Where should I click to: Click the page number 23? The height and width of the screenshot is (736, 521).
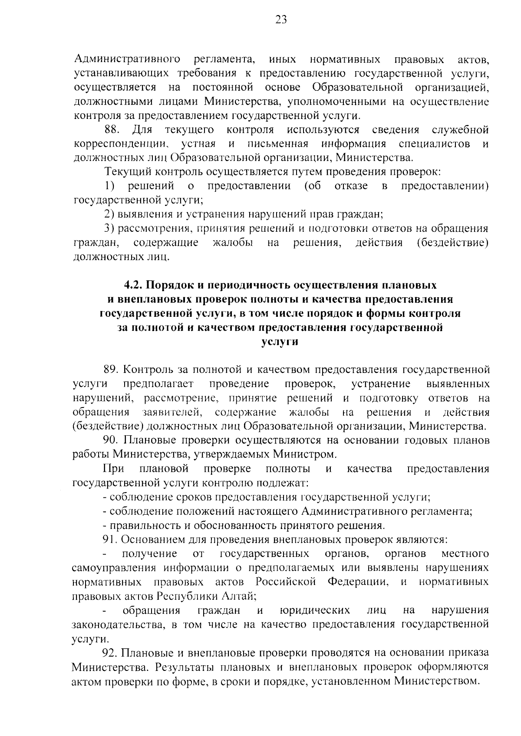pyautogui.click(x=281, y=20)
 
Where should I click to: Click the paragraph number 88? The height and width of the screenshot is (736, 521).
pyautogui.click(x=113, y=130)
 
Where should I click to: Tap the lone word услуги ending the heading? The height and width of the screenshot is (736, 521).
pyautogui.click(x=280, y=342)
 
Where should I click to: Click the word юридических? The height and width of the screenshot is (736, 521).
pyautogui.click(x=315, y=610)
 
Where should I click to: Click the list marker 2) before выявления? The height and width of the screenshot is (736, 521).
pyautogui.click(x=109, y=214)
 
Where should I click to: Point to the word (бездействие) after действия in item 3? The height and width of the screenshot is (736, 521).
pyautogui.click(x=452, y=242)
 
